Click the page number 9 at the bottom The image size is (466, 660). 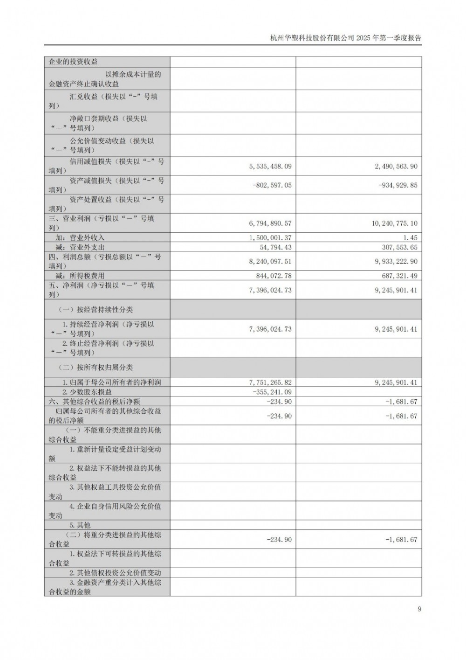click(x=419, y=609)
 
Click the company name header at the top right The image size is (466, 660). click(x=345, y=38)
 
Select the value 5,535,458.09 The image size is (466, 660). click(x=270, y=166)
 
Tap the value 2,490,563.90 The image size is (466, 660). click(x=396, y=166)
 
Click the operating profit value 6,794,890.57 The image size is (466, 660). click(x=270, y=223)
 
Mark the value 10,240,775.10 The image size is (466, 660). click(x=395, y=223)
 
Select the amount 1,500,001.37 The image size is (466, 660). click(x=270, y=237)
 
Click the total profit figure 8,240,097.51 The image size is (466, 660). click(x=270, y=262)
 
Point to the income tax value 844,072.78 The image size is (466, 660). click(x=274, y=276)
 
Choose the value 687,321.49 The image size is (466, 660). click(x=399, y=276)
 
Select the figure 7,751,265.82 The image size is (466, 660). click(x=270, y=382)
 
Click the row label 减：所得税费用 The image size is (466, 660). click(x=80, y=276)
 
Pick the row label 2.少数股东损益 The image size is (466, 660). click(x=87, y=392)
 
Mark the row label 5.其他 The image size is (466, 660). click(x=80, y=525)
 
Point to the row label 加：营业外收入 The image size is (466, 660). click(x=80, y=237)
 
